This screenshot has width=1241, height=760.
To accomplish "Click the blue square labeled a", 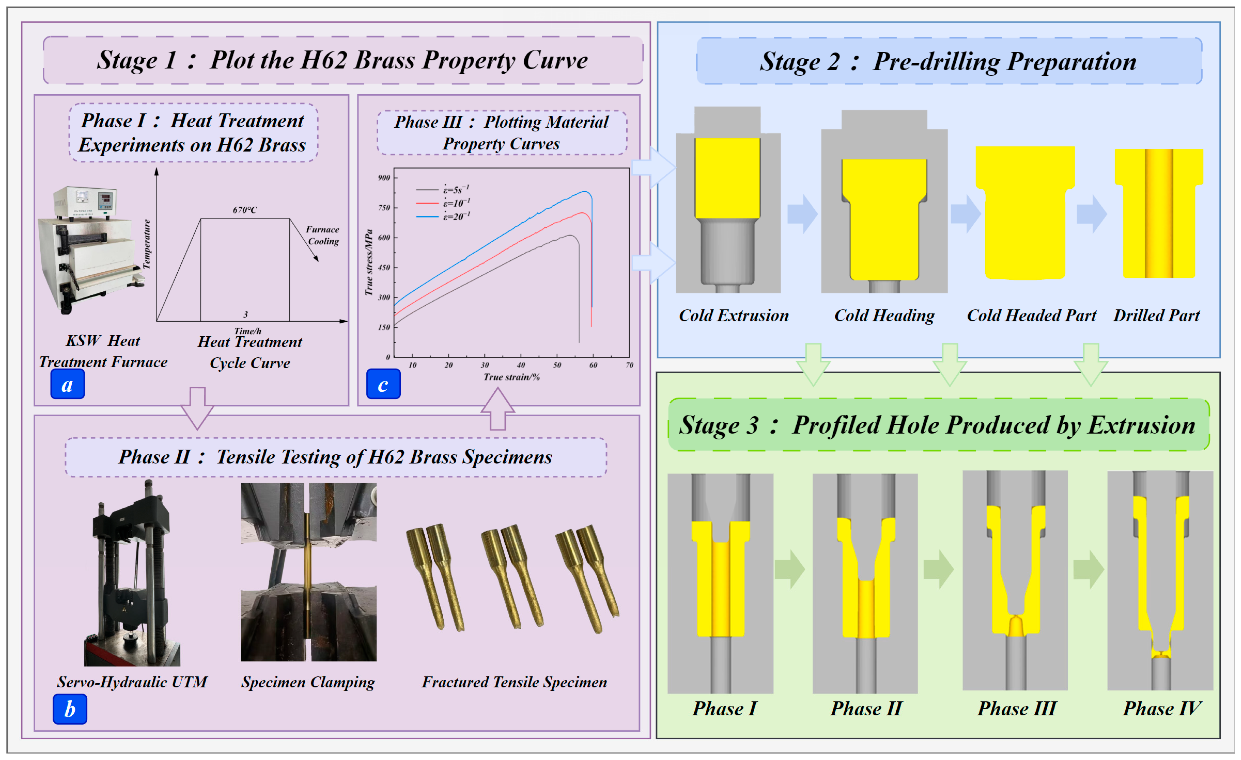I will point(68,384).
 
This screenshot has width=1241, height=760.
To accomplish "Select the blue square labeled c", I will point(383,384).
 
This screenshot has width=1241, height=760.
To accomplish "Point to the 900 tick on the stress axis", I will point(384,178).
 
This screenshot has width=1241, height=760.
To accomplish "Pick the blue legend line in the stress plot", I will point(427,217).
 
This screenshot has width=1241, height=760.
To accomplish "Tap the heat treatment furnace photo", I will point(91,249).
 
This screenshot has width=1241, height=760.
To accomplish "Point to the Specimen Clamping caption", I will point(308,682).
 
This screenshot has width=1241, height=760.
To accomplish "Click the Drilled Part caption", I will point(1156,315).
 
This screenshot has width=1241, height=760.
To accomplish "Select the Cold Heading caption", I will point(884,315).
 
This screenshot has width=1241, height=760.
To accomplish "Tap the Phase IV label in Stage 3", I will point(1161,708).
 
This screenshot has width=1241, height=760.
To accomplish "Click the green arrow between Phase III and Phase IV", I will point(1088,569).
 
